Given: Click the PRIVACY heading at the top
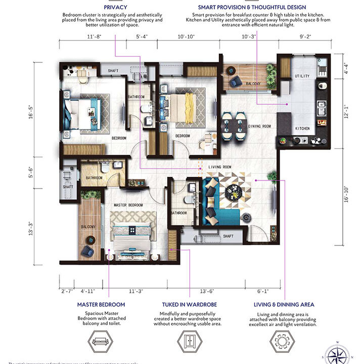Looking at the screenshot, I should [115, 8].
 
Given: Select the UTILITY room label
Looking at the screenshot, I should [302, 76].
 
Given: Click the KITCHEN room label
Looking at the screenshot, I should [302, 128].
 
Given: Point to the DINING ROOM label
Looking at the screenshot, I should [260, 126].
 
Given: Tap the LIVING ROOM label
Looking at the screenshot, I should [220, 167].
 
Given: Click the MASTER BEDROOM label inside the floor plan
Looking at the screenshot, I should [129, 205].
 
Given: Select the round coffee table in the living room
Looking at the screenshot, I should [235, 192].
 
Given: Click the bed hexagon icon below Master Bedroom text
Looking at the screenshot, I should [101, 341].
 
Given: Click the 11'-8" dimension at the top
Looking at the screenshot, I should [95, 37].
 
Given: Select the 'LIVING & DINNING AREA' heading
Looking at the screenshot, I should [284, 305].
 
